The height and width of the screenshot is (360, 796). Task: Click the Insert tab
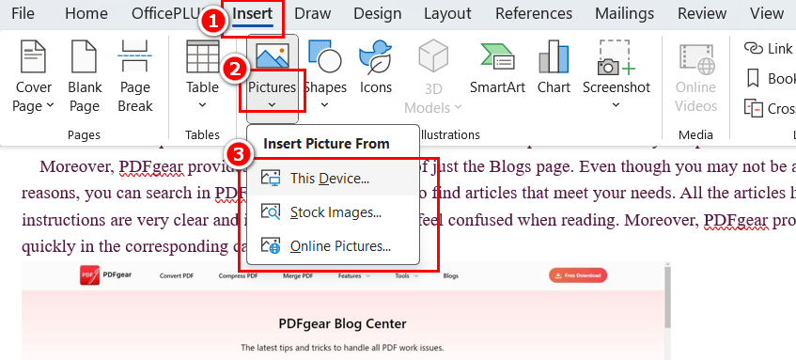pos(254,14)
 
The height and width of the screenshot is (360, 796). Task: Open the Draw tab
pos(312,14)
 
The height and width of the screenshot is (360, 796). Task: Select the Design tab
pos(377,14)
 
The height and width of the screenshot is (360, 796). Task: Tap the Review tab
pos(702,14)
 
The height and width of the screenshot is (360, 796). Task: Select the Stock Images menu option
pos(335,212)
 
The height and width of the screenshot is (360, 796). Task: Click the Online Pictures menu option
pos(339,247)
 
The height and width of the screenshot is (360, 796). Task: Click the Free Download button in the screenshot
pos(578,275)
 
